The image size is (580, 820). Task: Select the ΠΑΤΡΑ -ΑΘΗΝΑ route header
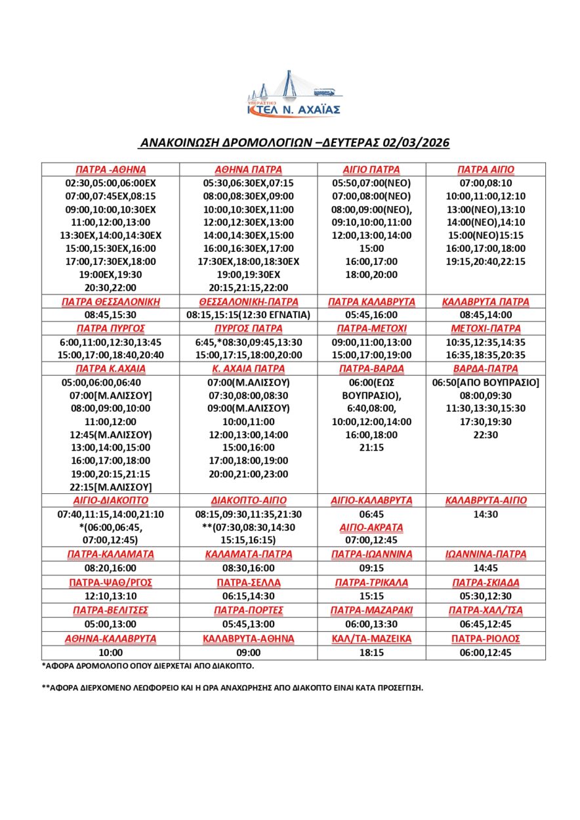click(110, 169)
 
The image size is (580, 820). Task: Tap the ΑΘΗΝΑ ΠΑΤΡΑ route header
click(248, 169)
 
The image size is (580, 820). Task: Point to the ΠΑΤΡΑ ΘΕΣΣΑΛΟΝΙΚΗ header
click(110, 302)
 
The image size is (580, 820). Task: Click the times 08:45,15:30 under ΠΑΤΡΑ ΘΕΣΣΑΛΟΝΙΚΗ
click(110, 315)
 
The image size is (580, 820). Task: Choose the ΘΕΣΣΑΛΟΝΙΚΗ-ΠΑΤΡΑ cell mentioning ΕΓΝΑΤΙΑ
click(248, 315)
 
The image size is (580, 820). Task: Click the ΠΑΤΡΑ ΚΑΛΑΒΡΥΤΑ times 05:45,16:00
click(372, 315)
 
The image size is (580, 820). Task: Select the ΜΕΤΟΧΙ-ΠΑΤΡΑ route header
click(486, 328)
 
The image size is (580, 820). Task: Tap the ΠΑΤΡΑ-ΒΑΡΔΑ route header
click(372, 369)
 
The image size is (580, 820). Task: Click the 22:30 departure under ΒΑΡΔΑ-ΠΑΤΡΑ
click(486, 434)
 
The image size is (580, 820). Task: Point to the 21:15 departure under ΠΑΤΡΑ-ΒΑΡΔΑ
click(372, 447)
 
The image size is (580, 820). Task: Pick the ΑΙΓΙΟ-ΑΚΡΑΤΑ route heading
click(372, 527)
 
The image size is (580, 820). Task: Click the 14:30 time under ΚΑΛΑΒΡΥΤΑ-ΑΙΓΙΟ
click(486, 514)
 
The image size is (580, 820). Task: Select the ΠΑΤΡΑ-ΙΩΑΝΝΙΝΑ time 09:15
click(372, 567)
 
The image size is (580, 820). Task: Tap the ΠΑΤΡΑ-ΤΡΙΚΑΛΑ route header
click(372, 583)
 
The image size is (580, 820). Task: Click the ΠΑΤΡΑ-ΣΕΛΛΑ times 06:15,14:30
click(248, 596)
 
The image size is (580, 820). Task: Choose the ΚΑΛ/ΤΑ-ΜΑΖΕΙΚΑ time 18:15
click(372, 652)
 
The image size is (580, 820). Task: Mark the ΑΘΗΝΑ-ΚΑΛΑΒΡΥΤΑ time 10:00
click(110, 652)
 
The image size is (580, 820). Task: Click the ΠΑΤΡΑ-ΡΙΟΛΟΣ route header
click(486, 638)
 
